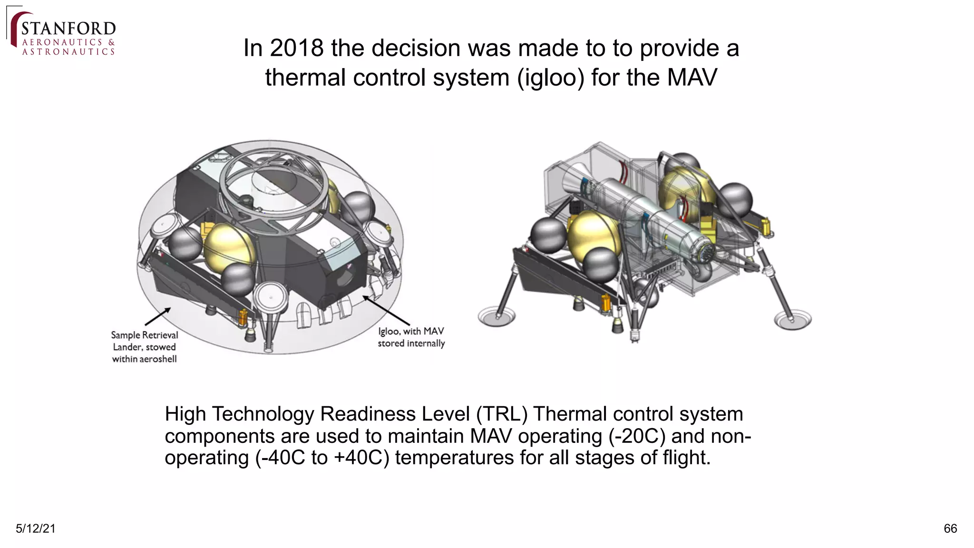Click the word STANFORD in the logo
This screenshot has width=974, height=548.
[x=68, y=29]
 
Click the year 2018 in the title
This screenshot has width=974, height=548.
[x=296, y=48]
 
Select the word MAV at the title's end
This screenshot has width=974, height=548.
[x=692, y=78]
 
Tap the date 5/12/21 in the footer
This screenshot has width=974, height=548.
[x=36, y=528]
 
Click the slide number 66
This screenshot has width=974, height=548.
[x=950, y=528]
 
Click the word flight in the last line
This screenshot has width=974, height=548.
[x=684, y=458]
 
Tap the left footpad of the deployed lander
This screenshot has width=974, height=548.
[x=497, y=316]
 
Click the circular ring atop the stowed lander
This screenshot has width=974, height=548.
[x=273, y=176]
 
